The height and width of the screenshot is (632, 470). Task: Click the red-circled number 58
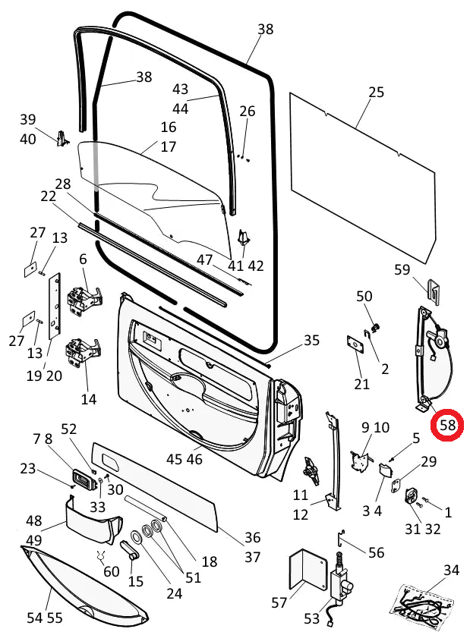pyautogui.click(x=447, y=426)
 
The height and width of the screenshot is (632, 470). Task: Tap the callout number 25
pyautogui.click(x=377, y=93)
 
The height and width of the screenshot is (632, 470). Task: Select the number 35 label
pyautogui.click(x=312, y=341)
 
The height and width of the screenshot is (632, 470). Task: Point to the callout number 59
pyautogui.click(x=402, y=269)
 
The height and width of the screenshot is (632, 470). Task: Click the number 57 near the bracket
pyautogui.click(x=279, y=603)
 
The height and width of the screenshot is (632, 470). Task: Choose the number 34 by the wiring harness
pyautogui.click(x=452, y=570)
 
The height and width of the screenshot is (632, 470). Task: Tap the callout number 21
pyautogui.click(x=362, y=384)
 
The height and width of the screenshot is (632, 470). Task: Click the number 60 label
pyautogui.click(x=112, y=571)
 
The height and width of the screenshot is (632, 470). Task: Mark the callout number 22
pyautogui.click(x=49, y=197)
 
